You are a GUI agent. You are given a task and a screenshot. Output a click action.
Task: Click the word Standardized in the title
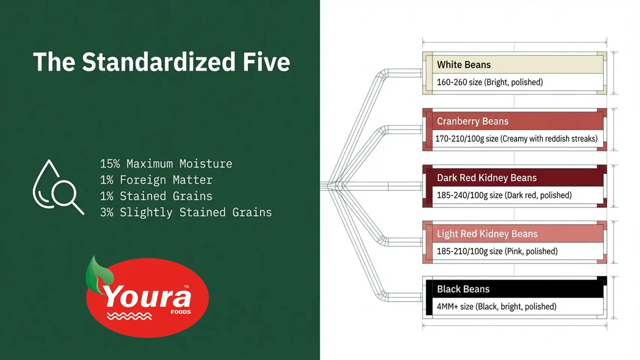[159, 62]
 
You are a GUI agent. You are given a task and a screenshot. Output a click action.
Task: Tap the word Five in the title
[267, 62]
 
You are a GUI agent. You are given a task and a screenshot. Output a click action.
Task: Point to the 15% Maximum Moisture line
[166, 164]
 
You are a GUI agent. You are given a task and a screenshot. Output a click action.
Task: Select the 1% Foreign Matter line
[156, 180]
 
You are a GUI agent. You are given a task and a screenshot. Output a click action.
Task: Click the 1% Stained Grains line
[156, 196]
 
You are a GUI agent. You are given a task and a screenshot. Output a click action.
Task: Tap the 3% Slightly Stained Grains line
[186, 212]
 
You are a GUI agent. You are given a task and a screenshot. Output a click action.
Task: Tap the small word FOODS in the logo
[181, 312]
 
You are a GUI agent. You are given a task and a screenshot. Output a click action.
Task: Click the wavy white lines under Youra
[129, 316]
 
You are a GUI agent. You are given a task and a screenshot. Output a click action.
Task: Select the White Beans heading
[464, 65]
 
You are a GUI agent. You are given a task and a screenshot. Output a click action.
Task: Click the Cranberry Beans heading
[472, 121]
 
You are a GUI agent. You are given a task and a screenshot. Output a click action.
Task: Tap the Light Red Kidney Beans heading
[487, 234]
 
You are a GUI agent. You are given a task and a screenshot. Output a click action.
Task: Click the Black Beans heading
[463, 289]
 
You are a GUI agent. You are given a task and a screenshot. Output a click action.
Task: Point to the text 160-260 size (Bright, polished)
[490, 82]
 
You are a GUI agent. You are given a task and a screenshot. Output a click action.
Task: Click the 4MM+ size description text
[496, 307]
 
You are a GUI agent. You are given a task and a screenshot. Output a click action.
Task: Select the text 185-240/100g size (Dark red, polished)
[504, 195]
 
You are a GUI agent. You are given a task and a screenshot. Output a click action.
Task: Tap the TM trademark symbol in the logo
[186, 286]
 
